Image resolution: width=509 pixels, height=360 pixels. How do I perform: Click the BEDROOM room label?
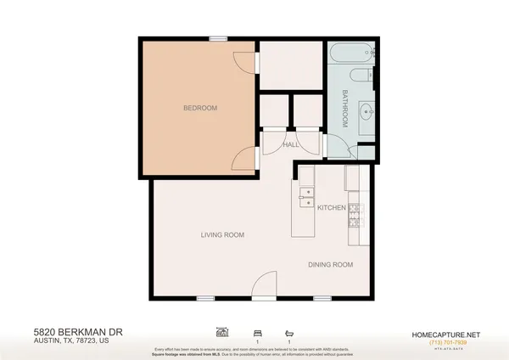(x=201, y=108)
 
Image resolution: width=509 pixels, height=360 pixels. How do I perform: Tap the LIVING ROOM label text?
(x=222, y=235)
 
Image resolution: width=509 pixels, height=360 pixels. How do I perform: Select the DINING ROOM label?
(x=331, y=265)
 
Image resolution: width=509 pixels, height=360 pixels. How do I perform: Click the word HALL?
(x=288, y=146)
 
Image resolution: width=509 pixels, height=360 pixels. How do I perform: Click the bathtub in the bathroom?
(x=350, y=57)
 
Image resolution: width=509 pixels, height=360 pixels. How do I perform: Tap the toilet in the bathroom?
(x=364, y=76)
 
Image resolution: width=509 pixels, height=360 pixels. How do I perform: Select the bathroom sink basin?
(x=366, y=110)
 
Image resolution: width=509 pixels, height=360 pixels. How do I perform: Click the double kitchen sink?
(x=305, y=198)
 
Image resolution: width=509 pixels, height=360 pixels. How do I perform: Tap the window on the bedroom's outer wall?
(x=219, y=37)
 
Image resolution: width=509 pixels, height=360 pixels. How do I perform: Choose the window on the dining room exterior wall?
(x=321, y=298)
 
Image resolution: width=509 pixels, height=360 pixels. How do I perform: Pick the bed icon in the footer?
(x=256, y=332)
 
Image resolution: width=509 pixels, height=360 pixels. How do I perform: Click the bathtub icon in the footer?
(x=289, y=332)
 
